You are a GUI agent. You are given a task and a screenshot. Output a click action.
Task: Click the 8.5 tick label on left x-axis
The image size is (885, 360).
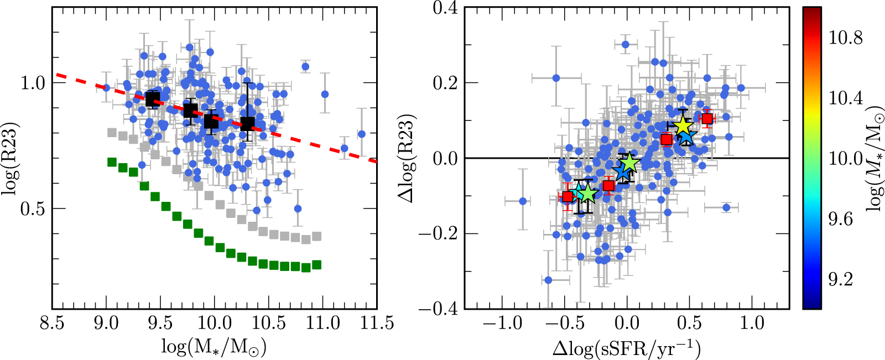pyautogui.click(x=52, y=323)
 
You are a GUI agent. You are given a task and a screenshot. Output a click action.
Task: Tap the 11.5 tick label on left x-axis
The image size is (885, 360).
pyautogui.click(x=377, y=323)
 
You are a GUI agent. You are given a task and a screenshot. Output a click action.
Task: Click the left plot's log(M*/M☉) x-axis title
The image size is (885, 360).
pyautogui.click(x=214, y=347)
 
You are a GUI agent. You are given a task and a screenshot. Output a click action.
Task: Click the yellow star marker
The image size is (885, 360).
pyautogui.click(x=683, y=126)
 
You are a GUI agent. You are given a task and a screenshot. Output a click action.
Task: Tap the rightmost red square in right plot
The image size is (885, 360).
pyautogui.click(x=707, y=118)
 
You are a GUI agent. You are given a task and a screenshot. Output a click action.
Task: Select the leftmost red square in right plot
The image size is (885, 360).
pyautogui.click(x=568, y=196)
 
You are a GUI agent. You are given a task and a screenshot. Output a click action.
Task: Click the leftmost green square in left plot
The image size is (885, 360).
pyautogui.click(x=112, y=162)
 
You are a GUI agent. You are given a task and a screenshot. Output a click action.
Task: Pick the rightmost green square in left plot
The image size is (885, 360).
pyautogui.click(x=316, y=265)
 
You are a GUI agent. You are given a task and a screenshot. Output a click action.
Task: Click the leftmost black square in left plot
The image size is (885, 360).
pyautogui.click(x=152, y=99)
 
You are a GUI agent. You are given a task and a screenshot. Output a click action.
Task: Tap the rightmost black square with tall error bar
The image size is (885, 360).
pyautogui.click(x=248, y=123)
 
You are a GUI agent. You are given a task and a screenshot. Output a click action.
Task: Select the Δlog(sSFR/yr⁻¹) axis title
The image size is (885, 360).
pyautogui.click(x=627, y=348)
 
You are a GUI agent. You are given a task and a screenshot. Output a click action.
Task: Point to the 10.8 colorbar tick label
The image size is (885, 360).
pyautogui.click(x=845, y=38)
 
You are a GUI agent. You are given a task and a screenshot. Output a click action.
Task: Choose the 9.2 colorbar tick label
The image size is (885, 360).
pyautogui.click(x=840, y=279)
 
